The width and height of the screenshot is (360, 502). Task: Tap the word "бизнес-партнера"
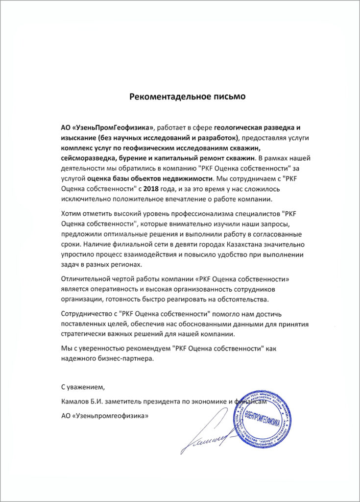click(126, 358)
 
